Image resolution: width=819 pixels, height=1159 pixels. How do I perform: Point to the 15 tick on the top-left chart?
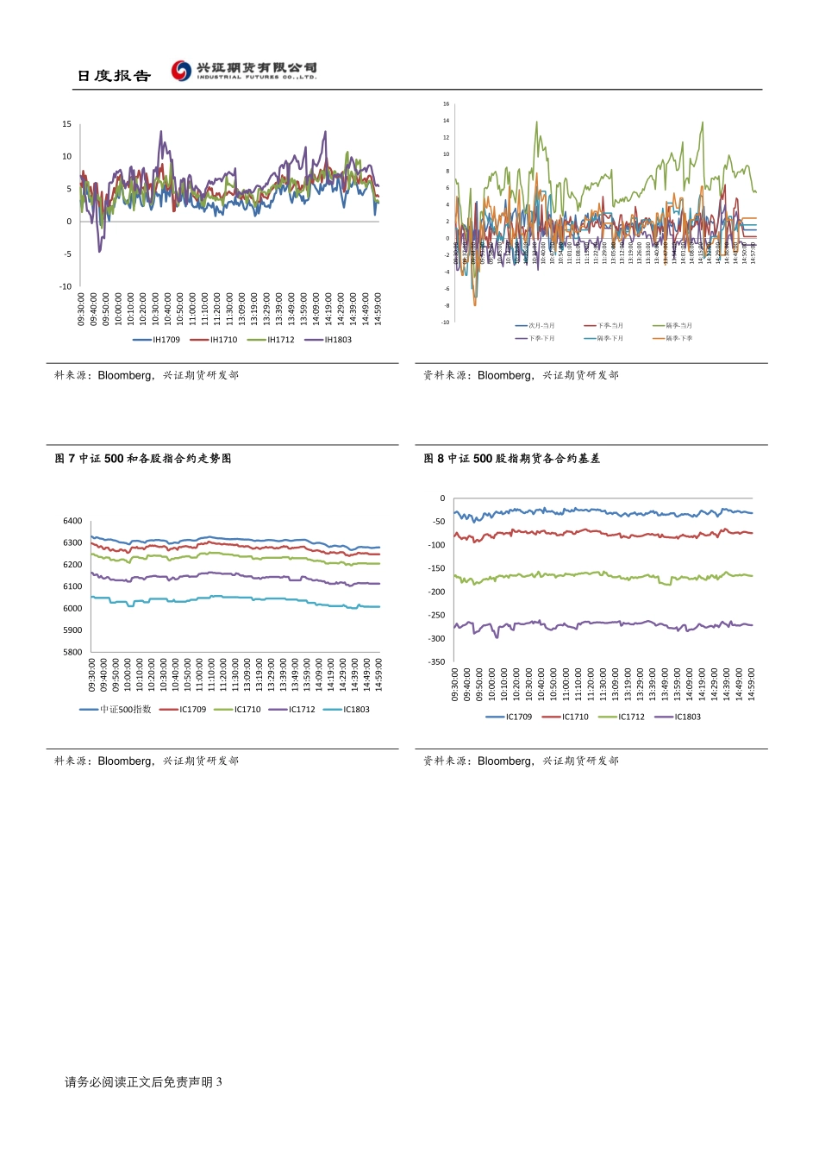point(66,124)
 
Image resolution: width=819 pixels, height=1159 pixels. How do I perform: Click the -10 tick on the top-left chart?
point(66,286)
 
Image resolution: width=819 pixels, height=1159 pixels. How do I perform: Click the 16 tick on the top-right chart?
point(447,104)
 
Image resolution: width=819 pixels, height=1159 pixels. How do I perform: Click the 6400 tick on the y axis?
point(72,521)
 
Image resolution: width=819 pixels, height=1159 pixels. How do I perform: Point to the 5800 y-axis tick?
point(72,652)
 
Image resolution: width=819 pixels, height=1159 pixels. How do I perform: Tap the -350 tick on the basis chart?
point(437,662)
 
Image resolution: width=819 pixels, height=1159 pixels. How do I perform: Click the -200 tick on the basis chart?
point(437,592)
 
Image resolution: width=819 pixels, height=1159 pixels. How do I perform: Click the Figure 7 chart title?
point(143,459)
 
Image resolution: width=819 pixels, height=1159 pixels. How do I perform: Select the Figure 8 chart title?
point(512,459)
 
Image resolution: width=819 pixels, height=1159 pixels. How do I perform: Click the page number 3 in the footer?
point(219,1082)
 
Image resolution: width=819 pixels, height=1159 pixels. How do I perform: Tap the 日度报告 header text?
point(114,76)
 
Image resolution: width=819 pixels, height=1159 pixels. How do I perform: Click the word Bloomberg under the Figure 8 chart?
point(505,761)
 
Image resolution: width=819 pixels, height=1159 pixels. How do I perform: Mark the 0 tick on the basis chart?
point(443,498)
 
